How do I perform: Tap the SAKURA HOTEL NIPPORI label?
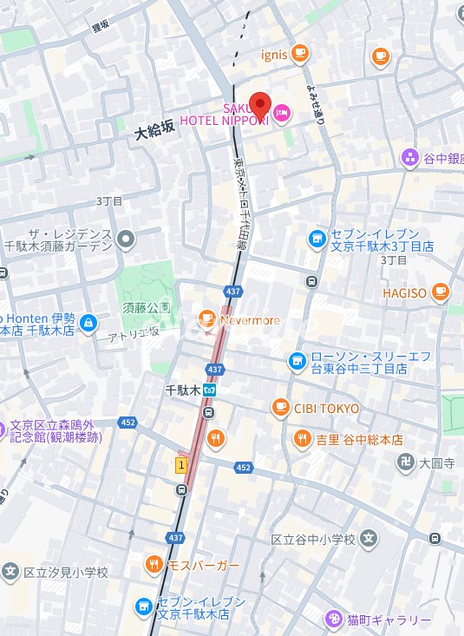pyautogui.click(x=224, y=114)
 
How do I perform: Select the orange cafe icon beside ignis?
pyautogui.click(x=299, y=54)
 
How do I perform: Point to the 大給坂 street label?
pyautogui.click(x=155, y=128)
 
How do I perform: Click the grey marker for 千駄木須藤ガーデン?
pyautogui.click(x=126, y=238)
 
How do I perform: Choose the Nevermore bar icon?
pyautogui.click(x=206, y=320)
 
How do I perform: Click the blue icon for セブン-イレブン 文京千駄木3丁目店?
pyautogui.click(x=317, y=237)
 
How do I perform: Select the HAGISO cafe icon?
pyautogui.click(x=440, y=292)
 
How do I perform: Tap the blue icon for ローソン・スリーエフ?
pyautogui.click(x=297, y=358)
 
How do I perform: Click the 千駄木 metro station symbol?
pyautogui.click(x=209, y=390)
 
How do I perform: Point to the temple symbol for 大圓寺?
pyautogui.click(x=403, y=462)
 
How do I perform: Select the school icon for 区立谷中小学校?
pyautogui.click(x=369, y=539)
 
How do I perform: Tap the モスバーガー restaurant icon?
pyautogui.click(x=154, y=566)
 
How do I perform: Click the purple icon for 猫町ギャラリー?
pyautogui.click(x=333, y=620)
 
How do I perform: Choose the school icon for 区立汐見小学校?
pyautogui.click(x=10, y=572)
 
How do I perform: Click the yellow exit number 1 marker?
pyautogui.click(x=181, y=465)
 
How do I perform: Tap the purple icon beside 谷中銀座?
pyautogui.click(x=409, y=157)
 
